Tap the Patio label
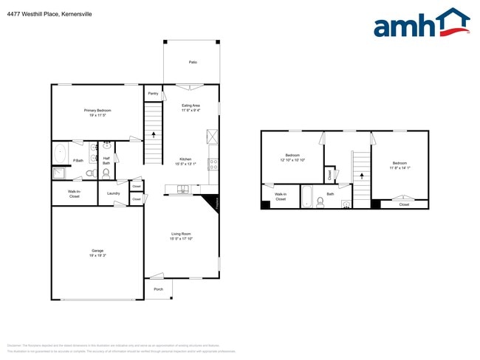point(192,63)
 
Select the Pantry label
point(153,94)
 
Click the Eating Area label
point(191,105)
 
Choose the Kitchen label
point(186,159)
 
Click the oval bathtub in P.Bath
point(60,154)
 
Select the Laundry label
point(113,193)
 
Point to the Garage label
point(97,251)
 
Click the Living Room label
point(182,234)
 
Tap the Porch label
point(158,289)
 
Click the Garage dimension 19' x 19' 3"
point(97,256)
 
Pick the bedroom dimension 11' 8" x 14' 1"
point(399,167)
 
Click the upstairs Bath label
point(330,193)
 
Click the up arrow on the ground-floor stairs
point(154,135)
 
